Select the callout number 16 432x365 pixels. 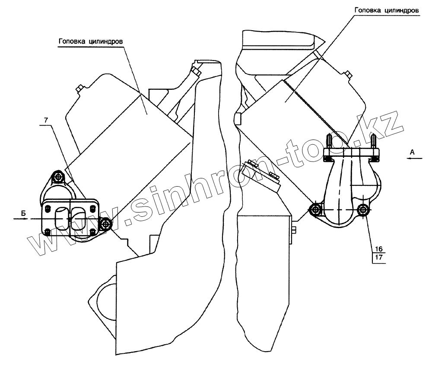378,249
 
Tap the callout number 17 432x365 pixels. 378,258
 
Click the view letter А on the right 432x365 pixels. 412,151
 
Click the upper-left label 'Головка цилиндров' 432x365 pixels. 91,41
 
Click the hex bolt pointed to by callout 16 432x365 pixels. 363,210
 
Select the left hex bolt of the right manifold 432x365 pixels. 315,210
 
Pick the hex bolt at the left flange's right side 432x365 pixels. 105,224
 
